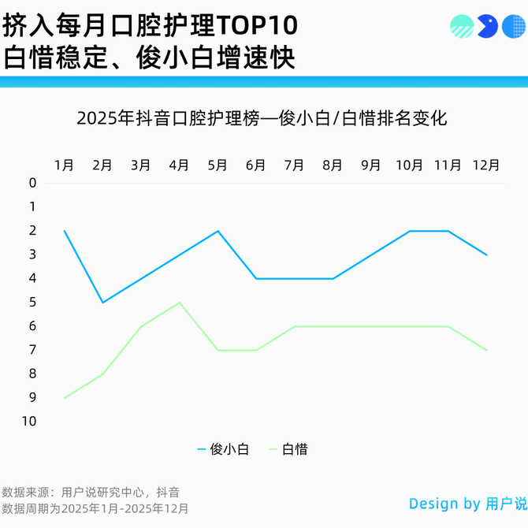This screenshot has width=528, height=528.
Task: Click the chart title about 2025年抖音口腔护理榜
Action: (262, 119)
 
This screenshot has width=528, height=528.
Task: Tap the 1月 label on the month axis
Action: (65, 165)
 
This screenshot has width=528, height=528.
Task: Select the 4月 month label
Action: (180, 165)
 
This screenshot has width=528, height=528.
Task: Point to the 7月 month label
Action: (294, 165)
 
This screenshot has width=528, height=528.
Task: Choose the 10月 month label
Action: (409, 165)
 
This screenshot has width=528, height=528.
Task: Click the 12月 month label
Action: (485, 165)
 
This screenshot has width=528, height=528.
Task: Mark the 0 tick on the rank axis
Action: (32, 184)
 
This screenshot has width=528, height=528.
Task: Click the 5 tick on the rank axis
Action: (32, 303)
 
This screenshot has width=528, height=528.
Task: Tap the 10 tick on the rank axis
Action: (30, 422)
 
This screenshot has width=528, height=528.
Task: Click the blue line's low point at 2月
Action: (102, 303)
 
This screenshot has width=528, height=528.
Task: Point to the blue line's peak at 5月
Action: (218, 231)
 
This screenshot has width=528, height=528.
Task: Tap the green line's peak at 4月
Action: (180, 303)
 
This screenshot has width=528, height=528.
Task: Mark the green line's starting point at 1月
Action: (65, 398)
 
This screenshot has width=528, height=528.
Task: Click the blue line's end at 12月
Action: (486, 255)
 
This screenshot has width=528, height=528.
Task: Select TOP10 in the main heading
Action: (257, 26)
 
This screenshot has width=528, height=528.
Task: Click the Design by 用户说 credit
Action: (467, 504)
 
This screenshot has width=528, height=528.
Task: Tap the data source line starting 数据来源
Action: (90, 493)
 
